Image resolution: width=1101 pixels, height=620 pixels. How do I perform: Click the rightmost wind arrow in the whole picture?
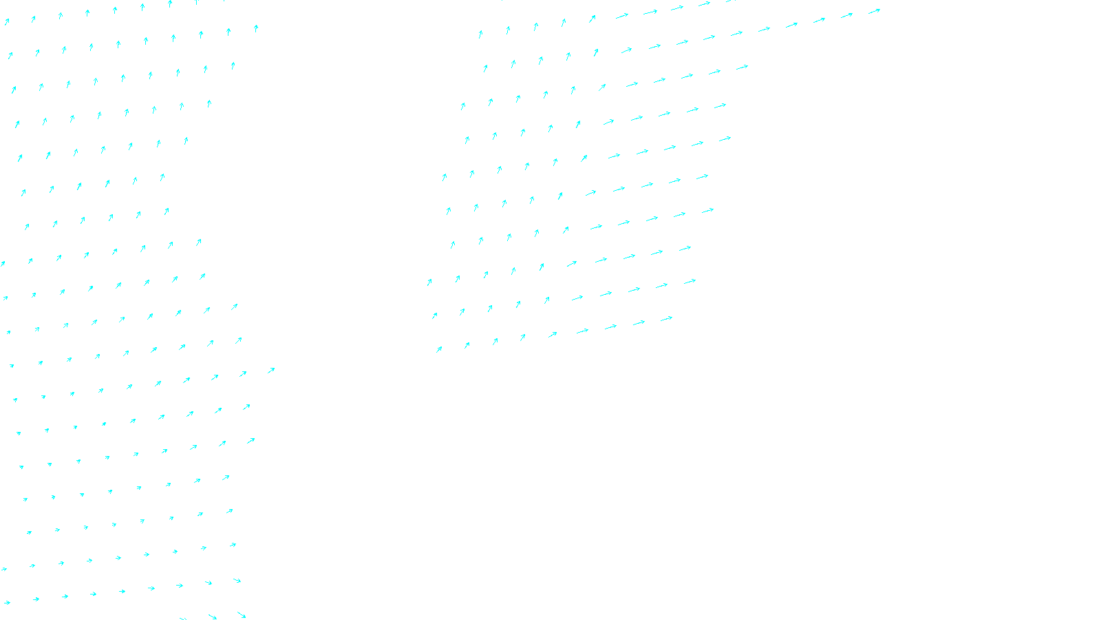pyautogui.click(x=874, y=11)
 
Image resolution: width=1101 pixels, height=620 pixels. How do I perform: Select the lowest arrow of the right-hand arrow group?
pyautogui.click(x=439, y=349)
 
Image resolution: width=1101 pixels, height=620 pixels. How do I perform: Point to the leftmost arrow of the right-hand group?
pyautogui.click(x=429, y=282)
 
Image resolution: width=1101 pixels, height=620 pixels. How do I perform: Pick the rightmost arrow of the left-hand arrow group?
pyautogui.click(x=271, y=371)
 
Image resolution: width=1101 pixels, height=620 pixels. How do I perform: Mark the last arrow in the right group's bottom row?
pyautogui.click(x=666, y=318)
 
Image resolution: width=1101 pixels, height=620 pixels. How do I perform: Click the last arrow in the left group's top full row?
pyautogui.click(x=256, y=28)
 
